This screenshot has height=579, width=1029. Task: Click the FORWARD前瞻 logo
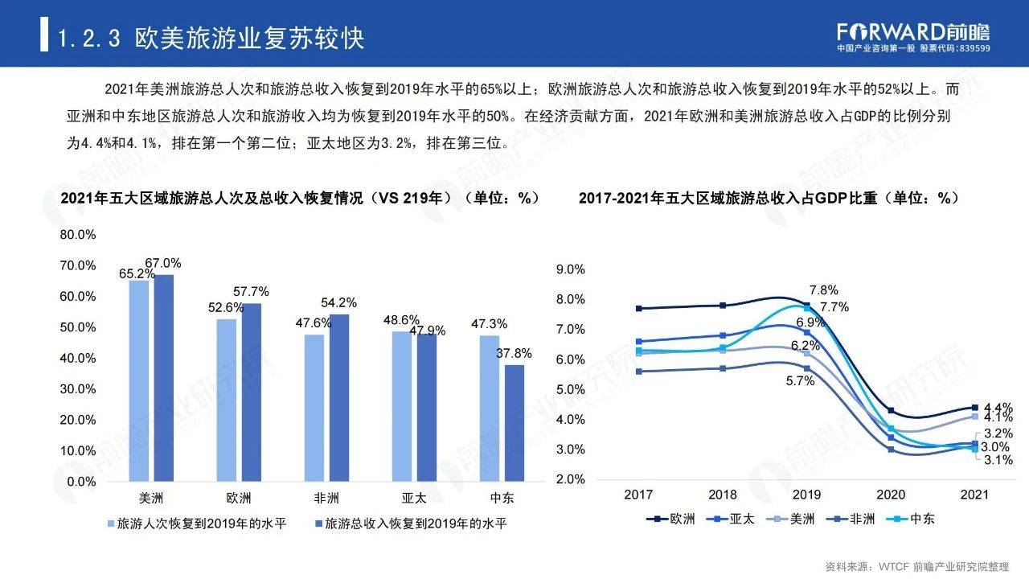point(913,32)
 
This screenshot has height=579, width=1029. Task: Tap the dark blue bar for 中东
point(514,422)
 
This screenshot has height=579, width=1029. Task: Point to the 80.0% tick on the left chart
point(79,235)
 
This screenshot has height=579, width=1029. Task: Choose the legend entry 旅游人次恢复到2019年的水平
point(198,524)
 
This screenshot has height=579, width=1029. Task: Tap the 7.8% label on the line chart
point(824,290)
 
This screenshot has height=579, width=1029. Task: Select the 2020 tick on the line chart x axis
point(890,495)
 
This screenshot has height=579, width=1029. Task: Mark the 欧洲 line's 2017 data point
point(639,308)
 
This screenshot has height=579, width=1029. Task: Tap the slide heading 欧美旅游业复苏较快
point(250,38)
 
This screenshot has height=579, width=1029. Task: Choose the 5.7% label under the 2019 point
point(801,381)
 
